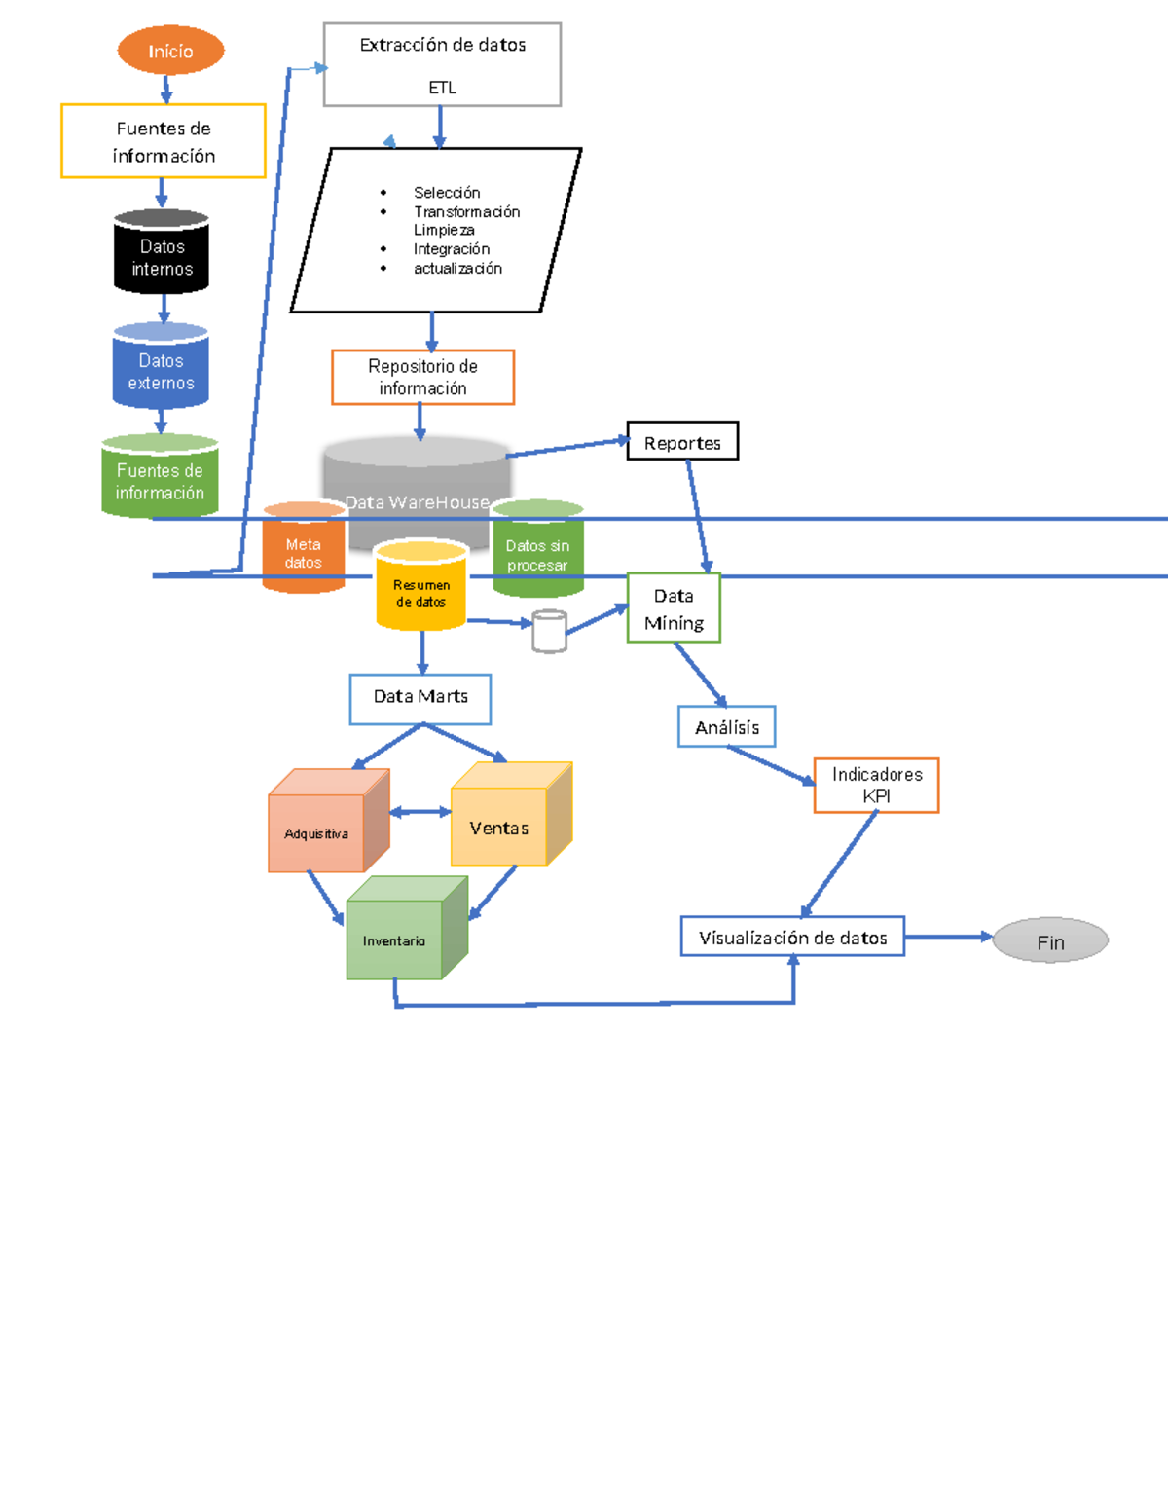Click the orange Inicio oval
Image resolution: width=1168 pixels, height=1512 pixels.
click(x=170, y=51)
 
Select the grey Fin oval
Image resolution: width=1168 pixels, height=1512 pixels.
click(x=1049, y=941)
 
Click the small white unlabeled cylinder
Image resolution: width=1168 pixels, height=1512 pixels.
click(x=549, y=632)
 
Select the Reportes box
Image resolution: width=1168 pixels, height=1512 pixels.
click(x=682, y=442)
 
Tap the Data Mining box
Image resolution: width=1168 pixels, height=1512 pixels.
click(x=674, y=609)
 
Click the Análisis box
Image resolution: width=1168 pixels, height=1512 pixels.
click(x=726, y=727)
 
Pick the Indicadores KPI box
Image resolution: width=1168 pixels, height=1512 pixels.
click(x=876, y=786)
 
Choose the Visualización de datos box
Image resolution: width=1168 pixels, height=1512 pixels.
click(x=792, y=938)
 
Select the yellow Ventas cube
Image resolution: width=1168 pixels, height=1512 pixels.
click(x=499, y=828)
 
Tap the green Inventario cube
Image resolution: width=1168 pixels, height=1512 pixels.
click(x=394, y=940)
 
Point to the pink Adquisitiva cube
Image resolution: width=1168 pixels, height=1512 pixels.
click(x=316, y=833)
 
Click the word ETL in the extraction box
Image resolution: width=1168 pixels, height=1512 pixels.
click(x=442, y=88)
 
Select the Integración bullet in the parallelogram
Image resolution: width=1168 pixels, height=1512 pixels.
click(x=451, y=249)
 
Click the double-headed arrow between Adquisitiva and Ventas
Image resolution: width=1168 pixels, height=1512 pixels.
click(x=420, y=811)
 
